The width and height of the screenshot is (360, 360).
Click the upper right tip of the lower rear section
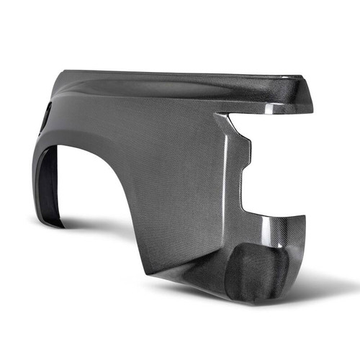tap(303, 217)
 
